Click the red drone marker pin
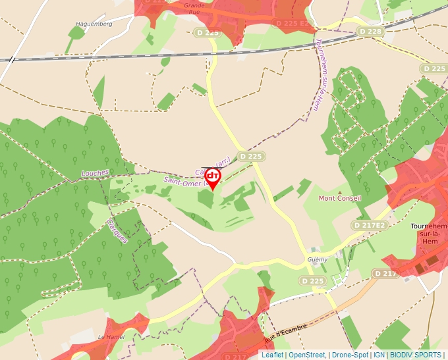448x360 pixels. pos(212,178)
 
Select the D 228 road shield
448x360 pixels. pos(370,32)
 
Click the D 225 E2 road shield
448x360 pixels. pos(291,23)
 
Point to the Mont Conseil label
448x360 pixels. pos(340,198)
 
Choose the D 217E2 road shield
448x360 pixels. pos(368,225)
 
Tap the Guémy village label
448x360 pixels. pos(317,260)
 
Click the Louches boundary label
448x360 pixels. pos(95,173)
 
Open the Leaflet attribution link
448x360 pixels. pos(272,355)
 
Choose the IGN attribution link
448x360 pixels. pos(379,355)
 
